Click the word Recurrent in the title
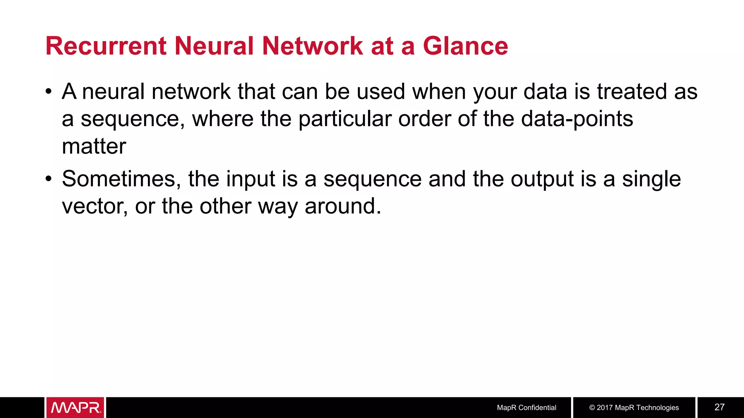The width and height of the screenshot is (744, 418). tap(106, 46)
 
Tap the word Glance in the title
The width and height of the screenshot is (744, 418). tap(465, 46)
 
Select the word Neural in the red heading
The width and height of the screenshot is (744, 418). tap(214, 46)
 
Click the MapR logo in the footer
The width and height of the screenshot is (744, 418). tap(75, 407)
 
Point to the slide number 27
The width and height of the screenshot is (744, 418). tap(719, 407)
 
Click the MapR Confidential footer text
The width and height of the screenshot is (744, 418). tap(526, 407)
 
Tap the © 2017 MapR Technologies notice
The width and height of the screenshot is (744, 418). tap(634, 407)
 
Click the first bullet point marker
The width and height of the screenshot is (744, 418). tap(49, 91)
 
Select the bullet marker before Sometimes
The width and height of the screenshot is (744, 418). tap(49, 179)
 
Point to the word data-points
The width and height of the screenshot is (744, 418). tap(577, 119)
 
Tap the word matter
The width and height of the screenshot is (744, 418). tap(94, 146)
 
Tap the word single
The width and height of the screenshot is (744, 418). tap(651, 179)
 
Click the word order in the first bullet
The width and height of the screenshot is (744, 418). tap(425, 119)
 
